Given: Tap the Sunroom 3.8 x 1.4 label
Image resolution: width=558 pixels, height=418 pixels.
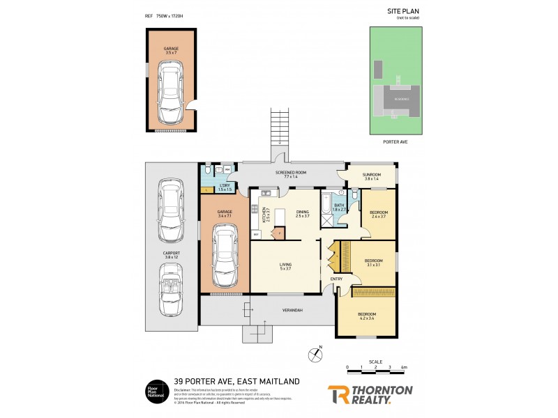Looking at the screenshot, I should [371, 177].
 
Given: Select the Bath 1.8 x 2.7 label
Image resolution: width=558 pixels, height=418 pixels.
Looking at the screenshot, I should [340, 207].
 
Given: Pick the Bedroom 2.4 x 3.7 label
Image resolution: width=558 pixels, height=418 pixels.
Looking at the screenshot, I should [379, 214].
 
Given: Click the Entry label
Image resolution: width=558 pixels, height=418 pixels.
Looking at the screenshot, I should [336, 279].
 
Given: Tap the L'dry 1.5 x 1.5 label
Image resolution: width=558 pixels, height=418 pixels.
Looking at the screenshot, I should [225, 187].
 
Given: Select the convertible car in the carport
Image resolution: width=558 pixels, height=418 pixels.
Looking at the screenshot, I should [170, 293].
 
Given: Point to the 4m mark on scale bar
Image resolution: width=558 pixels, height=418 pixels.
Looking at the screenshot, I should [404, 366].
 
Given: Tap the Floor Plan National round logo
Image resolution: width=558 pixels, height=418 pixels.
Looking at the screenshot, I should [154, 391].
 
